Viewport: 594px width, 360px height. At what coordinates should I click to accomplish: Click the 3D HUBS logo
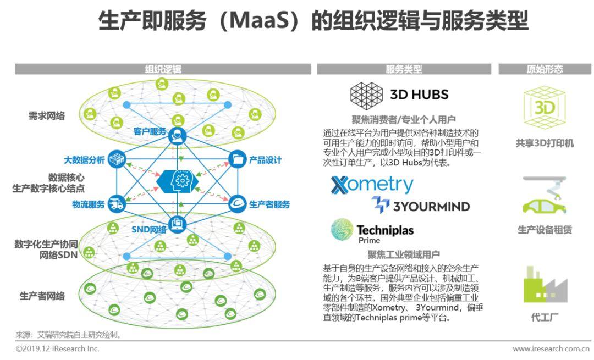(399, 94)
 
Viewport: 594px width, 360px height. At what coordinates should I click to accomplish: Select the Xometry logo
(372, 185)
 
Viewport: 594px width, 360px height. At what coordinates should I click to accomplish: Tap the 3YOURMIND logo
(421, 206)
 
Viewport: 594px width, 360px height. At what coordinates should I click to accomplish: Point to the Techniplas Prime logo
(372, 230)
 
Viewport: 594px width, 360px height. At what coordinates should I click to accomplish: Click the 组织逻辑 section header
(163, 69)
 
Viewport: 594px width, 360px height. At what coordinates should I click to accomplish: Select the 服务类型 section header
(404, 69)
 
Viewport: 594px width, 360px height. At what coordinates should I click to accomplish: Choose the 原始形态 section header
(544, 69)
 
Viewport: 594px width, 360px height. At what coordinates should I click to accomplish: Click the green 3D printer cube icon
(544, 107)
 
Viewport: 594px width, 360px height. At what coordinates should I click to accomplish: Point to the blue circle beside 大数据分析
(117, 159)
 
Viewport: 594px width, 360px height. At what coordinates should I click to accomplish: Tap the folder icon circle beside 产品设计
(237, 159)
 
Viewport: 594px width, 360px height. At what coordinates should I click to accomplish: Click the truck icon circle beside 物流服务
(117, 204)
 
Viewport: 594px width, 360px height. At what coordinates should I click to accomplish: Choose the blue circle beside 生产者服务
(237, 204)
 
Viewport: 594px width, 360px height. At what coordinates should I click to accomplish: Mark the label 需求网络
(47, 116)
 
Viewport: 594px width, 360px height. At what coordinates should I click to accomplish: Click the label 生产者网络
(42, 296)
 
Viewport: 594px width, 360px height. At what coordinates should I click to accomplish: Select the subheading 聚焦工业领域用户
(404, 254)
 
